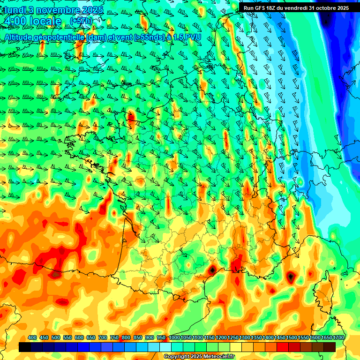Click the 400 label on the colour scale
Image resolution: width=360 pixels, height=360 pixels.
point(32,338)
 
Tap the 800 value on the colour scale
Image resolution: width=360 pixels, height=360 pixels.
point(126,338)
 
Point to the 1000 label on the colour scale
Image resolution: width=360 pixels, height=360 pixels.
point(174,338)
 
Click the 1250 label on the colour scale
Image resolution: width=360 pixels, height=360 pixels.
point(232,338)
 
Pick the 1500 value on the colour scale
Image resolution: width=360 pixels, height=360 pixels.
point(292,338)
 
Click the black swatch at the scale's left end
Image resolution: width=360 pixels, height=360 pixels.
point(25,347)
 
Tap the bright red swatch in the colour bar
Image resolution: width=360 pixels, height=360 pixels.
point(283,347)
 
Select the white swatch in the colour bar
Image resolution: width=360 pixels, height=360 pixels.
point(165,347)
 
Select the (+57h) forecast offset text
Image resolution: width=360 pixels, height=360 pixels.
point(81,22)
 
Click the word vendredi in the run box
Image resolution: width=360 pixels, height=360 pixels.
point(295,7)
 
